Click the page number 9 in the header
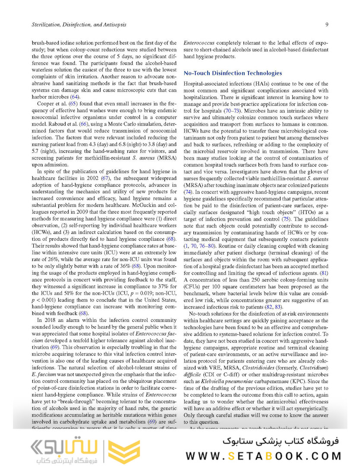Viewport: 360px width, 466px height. [327, 25]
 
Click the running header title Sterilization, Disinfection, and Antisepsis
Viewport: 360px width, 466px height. [79, 25]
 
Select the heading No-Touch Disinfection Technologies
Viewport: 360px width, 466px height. [233, 73]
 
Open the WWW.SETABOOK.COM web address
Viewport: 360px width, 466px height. [263, 456]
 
